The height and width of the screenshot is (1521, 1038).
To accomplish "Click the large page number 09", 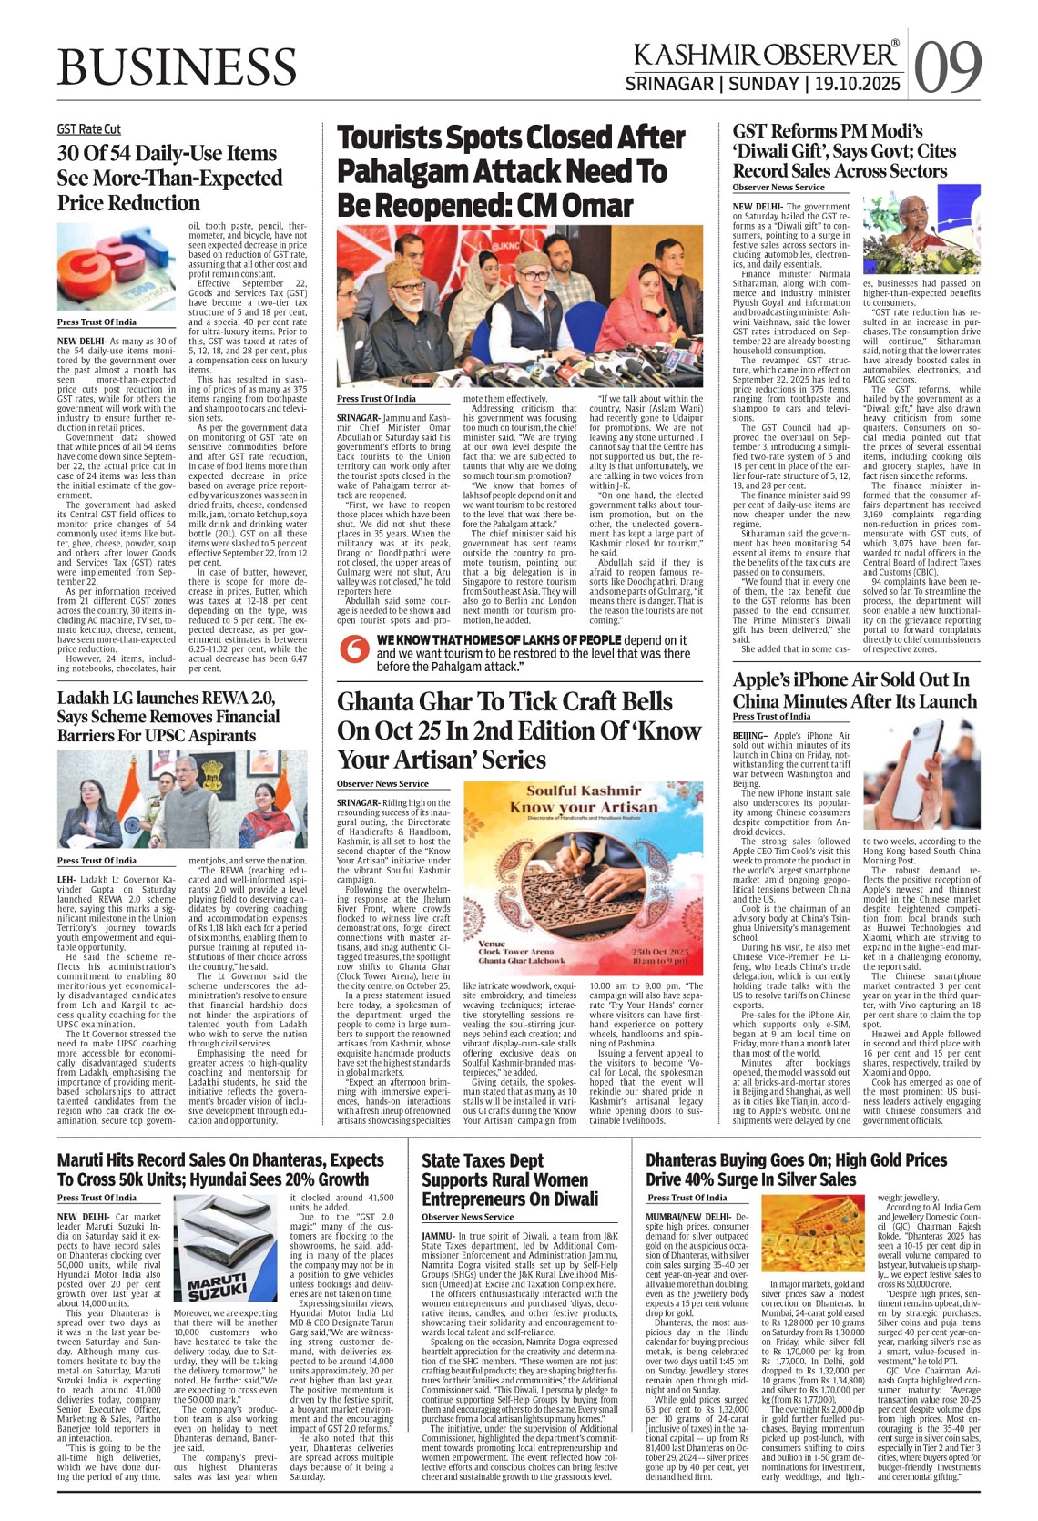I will [947, 67].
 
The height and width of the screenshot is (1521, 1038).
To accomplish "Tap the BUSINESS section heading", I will [177, 67].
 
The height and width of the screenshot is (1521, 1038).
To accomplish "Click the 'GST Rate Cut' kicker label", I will [88, 129].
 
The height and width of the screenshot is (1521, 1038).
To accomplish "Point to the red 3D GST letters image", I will [117, 267].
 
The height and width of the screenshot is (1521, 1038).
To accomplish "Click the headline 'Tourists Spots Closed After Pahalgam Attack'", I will [511, 170].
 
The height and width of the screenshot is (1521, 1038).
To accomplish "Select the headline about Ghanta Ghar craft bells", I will [519, 730].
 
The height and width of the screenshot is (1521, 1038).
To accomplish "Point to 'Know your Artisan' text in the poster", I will [584, 807].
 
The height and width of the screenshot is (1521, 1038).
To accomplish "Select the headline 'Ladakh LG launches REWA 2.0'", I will [168, 716].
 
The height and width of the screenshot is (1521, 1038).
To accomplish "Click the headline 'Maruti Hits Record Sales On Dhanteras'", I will [220, 1169].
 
